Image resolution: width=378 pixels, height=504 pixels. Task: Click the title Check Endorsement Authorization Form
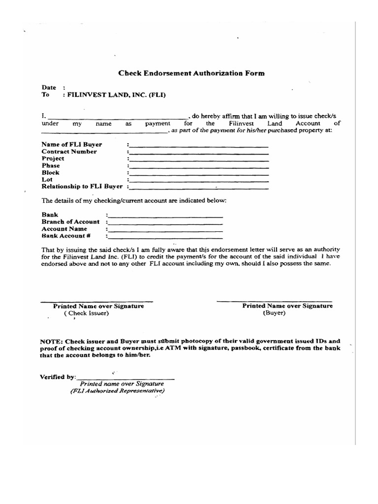coord(191,73)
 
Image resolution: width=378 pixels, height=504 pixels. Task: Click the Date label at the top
coord(49,88)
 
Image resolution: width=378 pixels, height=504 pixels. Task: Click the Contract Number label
coord(69,152)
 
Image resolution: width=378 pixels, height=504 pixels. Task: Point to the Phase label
coord(51,166)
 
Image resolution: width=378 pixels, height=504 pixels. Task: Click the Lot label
coord(47,180)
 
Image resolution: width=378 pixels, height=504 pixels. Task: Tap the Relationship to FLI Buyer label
coord(82,187)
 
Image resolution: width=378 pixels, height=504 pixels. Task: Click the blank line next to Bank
coord(165,216)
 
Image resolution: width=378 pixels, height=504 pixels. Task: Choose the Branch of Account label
coord(70,222)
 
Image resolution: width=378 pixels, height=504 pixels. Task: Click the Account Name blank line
coord(165,230)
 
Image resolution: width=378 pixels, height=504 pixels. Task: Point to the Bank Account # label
coord(66,236)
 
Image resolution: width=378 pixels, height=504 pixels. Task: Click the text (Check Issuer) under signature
coord(86,314)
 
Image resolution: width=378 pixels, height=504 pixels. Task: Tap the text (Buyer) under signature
coord(274,313)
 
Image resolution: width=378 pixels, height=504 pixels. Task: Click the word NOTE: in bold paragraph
coord(51,341)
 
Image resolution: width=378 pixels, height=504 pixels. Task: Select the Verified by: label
coord(58,377)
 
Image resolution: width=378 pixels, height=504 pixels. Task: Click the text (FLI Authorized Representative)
coord(117,391)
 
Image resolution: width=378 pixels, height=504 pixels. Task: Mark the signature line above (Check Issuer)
coord(96,301)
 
